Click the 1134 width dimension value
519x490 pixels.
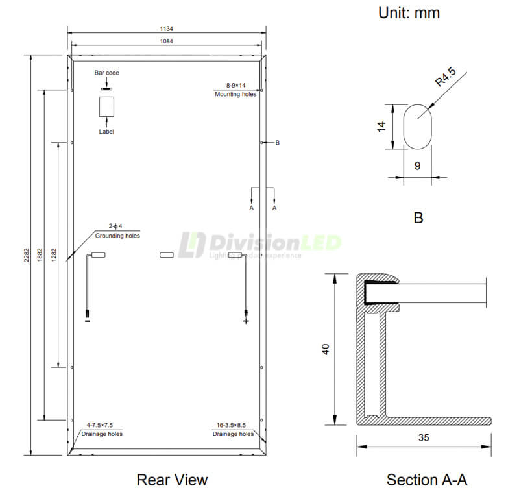[x=167, y=29]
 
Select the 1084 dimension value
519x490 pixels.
[x=167, y=41]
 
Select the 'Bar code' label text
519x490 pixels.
[x=107, y=73]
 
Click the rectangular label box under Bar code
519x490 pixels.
[x=106, y=107]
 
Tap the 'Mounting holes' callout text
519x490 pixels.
[x=236, y=94]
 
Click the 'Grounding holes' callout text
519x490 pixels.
[x=117, y=236]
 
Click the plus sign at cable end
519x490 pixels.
[x=246, y=321]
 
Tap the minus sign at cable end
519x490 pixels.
[x=87, y=321]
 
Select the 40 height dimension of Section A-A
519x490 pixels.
[x=326, y=349]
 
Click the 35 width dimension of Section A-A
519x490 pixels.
[x=424, y=437]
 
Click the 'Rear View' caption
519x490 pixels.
[x=172, y=480]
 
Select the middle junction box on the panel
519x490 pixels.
[x=167, y=255]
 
